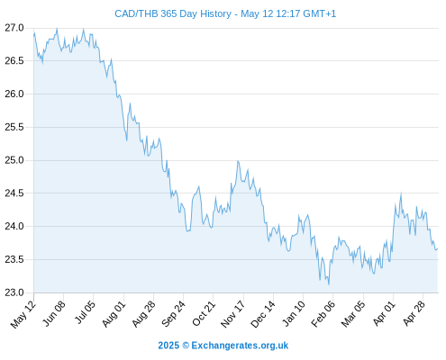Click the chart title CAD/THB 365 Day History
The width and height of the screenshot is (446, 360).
173,13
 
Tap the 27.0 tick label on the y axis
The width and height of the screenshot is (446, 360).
14,28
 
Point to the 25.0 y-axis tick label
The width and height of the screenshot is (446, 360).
14,160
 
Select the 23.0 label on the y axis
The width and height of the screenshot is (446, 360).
14,292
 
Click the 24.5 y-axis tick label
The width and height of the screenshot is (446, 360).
14,193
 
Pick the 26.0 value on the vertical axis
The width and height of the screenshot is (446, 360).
14,94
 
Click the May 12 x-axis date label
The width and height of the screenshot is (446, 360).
23,314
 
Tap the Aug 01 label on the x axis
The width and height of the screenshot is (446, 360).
114,314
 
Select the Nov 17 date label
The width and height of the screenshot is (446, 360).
232,314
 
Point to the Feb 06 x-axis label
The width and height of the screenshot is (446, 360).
323,314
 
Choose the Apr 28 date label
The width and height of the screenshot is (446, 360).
414,313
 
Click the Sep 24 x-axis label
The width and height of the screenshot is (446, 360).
173,314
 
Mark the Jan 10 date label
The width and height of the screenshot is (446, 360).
294,313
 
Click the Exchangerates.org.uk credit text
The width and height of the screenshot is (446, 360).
240,346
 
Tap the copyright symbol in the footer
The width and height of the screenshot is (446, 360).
186,346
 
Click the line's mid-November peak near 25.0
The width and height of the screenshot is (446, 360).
238,161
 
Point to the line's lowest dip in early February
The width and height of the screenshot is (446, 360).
329,284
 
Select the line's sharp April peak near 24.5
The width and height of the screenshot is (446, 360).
401,193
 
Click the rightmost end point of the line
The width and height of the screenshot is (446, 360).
438,248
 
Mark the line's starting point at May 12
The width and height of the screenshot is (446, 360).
34,36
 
